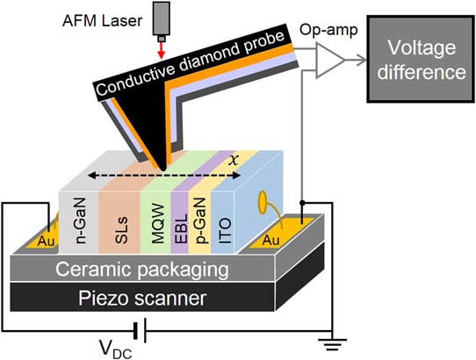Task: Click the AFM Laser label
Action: [102, 21]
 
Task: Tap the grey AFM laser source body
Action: [162, 18]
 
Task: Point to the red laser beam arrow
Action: [162, 50]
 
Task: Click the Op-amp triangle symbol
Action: [330, 60]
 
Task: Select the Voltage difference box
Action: [421, 59]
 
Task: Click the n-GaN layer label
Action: [81, 221]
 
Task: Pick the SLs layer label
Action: [121, 231]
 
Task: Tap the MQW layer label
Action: [157, 224]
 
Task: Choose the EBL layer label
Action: [181, 228]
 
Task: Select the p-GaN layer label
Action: [201, 221]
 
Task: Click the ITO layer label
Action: [225, 231]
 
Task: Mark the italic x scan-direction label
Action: [234, 160]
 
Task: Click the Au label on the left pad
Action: [47, 241]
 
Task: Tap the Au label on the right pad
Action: [270, 240]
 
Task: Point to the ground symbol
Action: [333, 344]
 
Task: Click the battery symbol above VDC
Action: [141, 330]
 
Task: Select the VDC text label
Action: [115, 349]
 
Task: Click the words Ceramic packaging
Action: [142, 270]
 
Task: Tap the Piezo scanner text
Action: [142, 298]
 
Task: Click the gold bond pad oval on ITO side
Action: [263, 202]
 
